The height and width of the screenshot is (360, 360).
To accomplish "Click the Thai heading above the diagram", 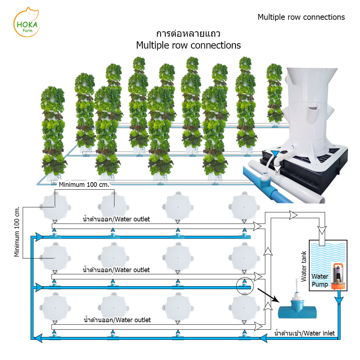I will [188, 33].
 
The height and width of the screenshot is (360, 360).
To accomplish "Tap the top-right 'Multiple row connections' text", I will [301, 17].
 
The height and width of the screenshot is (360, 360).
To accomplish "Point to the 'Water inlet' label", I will [305, 333].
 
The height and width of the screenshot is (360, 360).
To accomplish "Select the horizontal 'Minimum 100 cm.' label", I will [84, 185].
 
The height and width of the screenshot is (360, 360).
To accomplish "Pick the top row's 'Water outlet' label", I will [116, 219].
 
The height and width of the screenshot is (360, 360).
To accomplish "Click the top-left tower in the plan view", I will [55, 207].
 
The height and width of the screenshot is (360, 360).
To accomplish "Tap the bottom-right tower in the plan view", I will [244, 308].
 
